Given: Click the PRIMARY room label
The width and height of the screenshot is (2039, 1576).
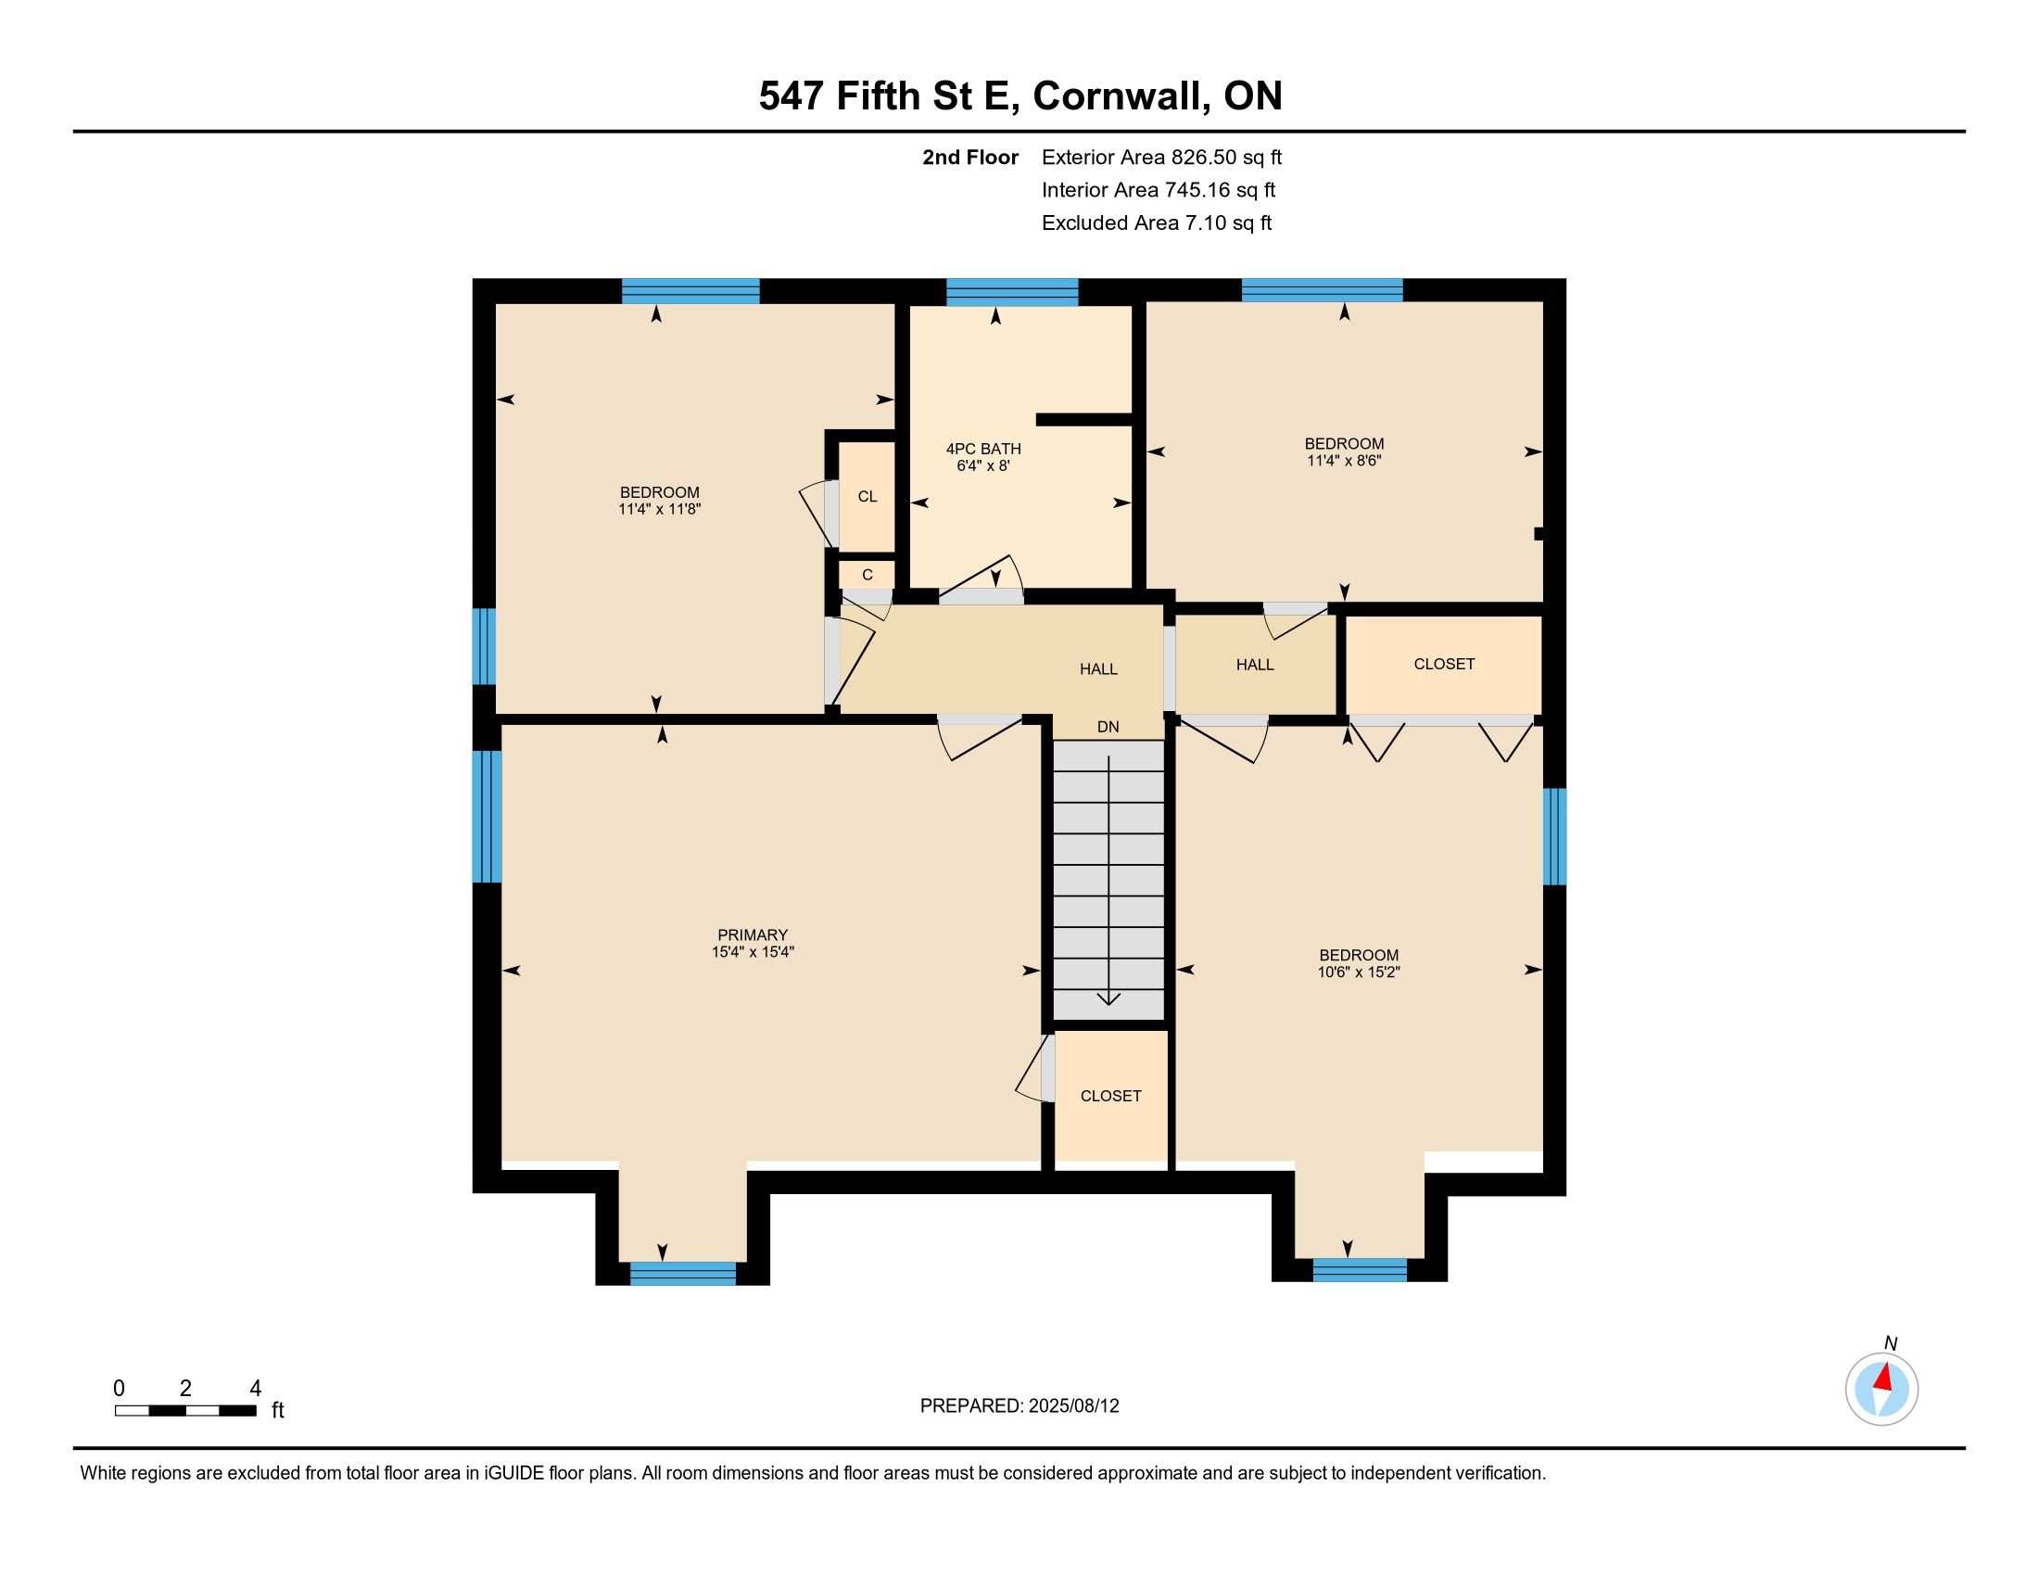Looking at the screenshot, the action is [x=753, y=934].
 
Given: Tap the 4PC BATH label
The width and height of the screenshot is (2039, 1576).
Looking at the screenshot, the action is [x=983, y=449].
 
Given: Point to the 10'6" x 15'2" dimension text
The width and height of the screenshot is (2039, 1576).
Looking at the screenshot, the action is [x=1359, y=972].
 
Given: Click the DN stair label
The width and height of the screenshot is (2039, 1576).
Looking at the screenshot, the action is [x=1108, y=728].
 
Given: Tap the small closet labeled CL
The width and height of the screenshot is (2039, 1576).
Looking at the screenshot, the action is [x=868, y=497].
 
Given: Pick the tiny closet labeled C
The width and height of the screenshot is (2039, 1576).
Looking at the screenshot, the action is [x=868, y=575].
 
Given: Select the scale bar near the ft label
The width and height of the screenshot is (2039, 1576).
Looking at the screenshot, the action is [x=185, y=1411].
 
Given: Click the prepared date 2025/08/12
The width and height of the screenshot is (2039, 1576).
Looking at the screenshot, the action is [x=1071, y=1406].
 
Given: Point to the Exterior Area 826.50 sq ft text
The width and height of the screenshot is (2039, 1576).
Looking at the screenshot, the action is [x=1161, y=158].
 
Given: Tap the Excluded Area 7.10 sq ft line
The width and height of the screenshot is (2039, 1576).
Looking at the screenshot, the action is [x=1157, y=223].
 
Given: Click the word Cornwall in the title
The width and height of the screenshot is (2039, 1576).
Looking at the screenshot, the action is [x=1117, y=96].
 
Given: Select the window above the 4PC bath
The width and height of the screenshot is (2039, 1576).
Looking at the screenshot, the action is [x=1012, y=292].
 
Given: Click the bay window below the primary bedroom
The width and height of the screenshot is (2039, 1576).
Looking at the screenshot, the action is [x=682, y=1274].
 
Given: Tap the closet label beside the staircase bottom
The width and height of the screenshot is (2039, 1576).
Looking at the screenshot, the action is [x=1111, y=1096].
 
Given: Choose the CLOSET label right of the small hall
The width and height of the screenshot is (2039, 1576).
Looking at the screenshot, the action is [x=1444, y=664].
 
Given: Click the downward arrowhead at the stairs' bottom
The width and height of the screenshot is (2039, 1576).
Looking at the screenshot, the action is [x=1108, y=998].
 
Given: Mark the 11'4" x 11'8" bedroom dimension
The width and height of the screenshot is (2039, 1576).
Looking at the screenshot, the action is [x=659, y=510].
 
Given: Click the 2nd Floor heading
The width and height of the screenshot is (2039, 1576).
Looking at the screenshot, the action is [x=970, y=158].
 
